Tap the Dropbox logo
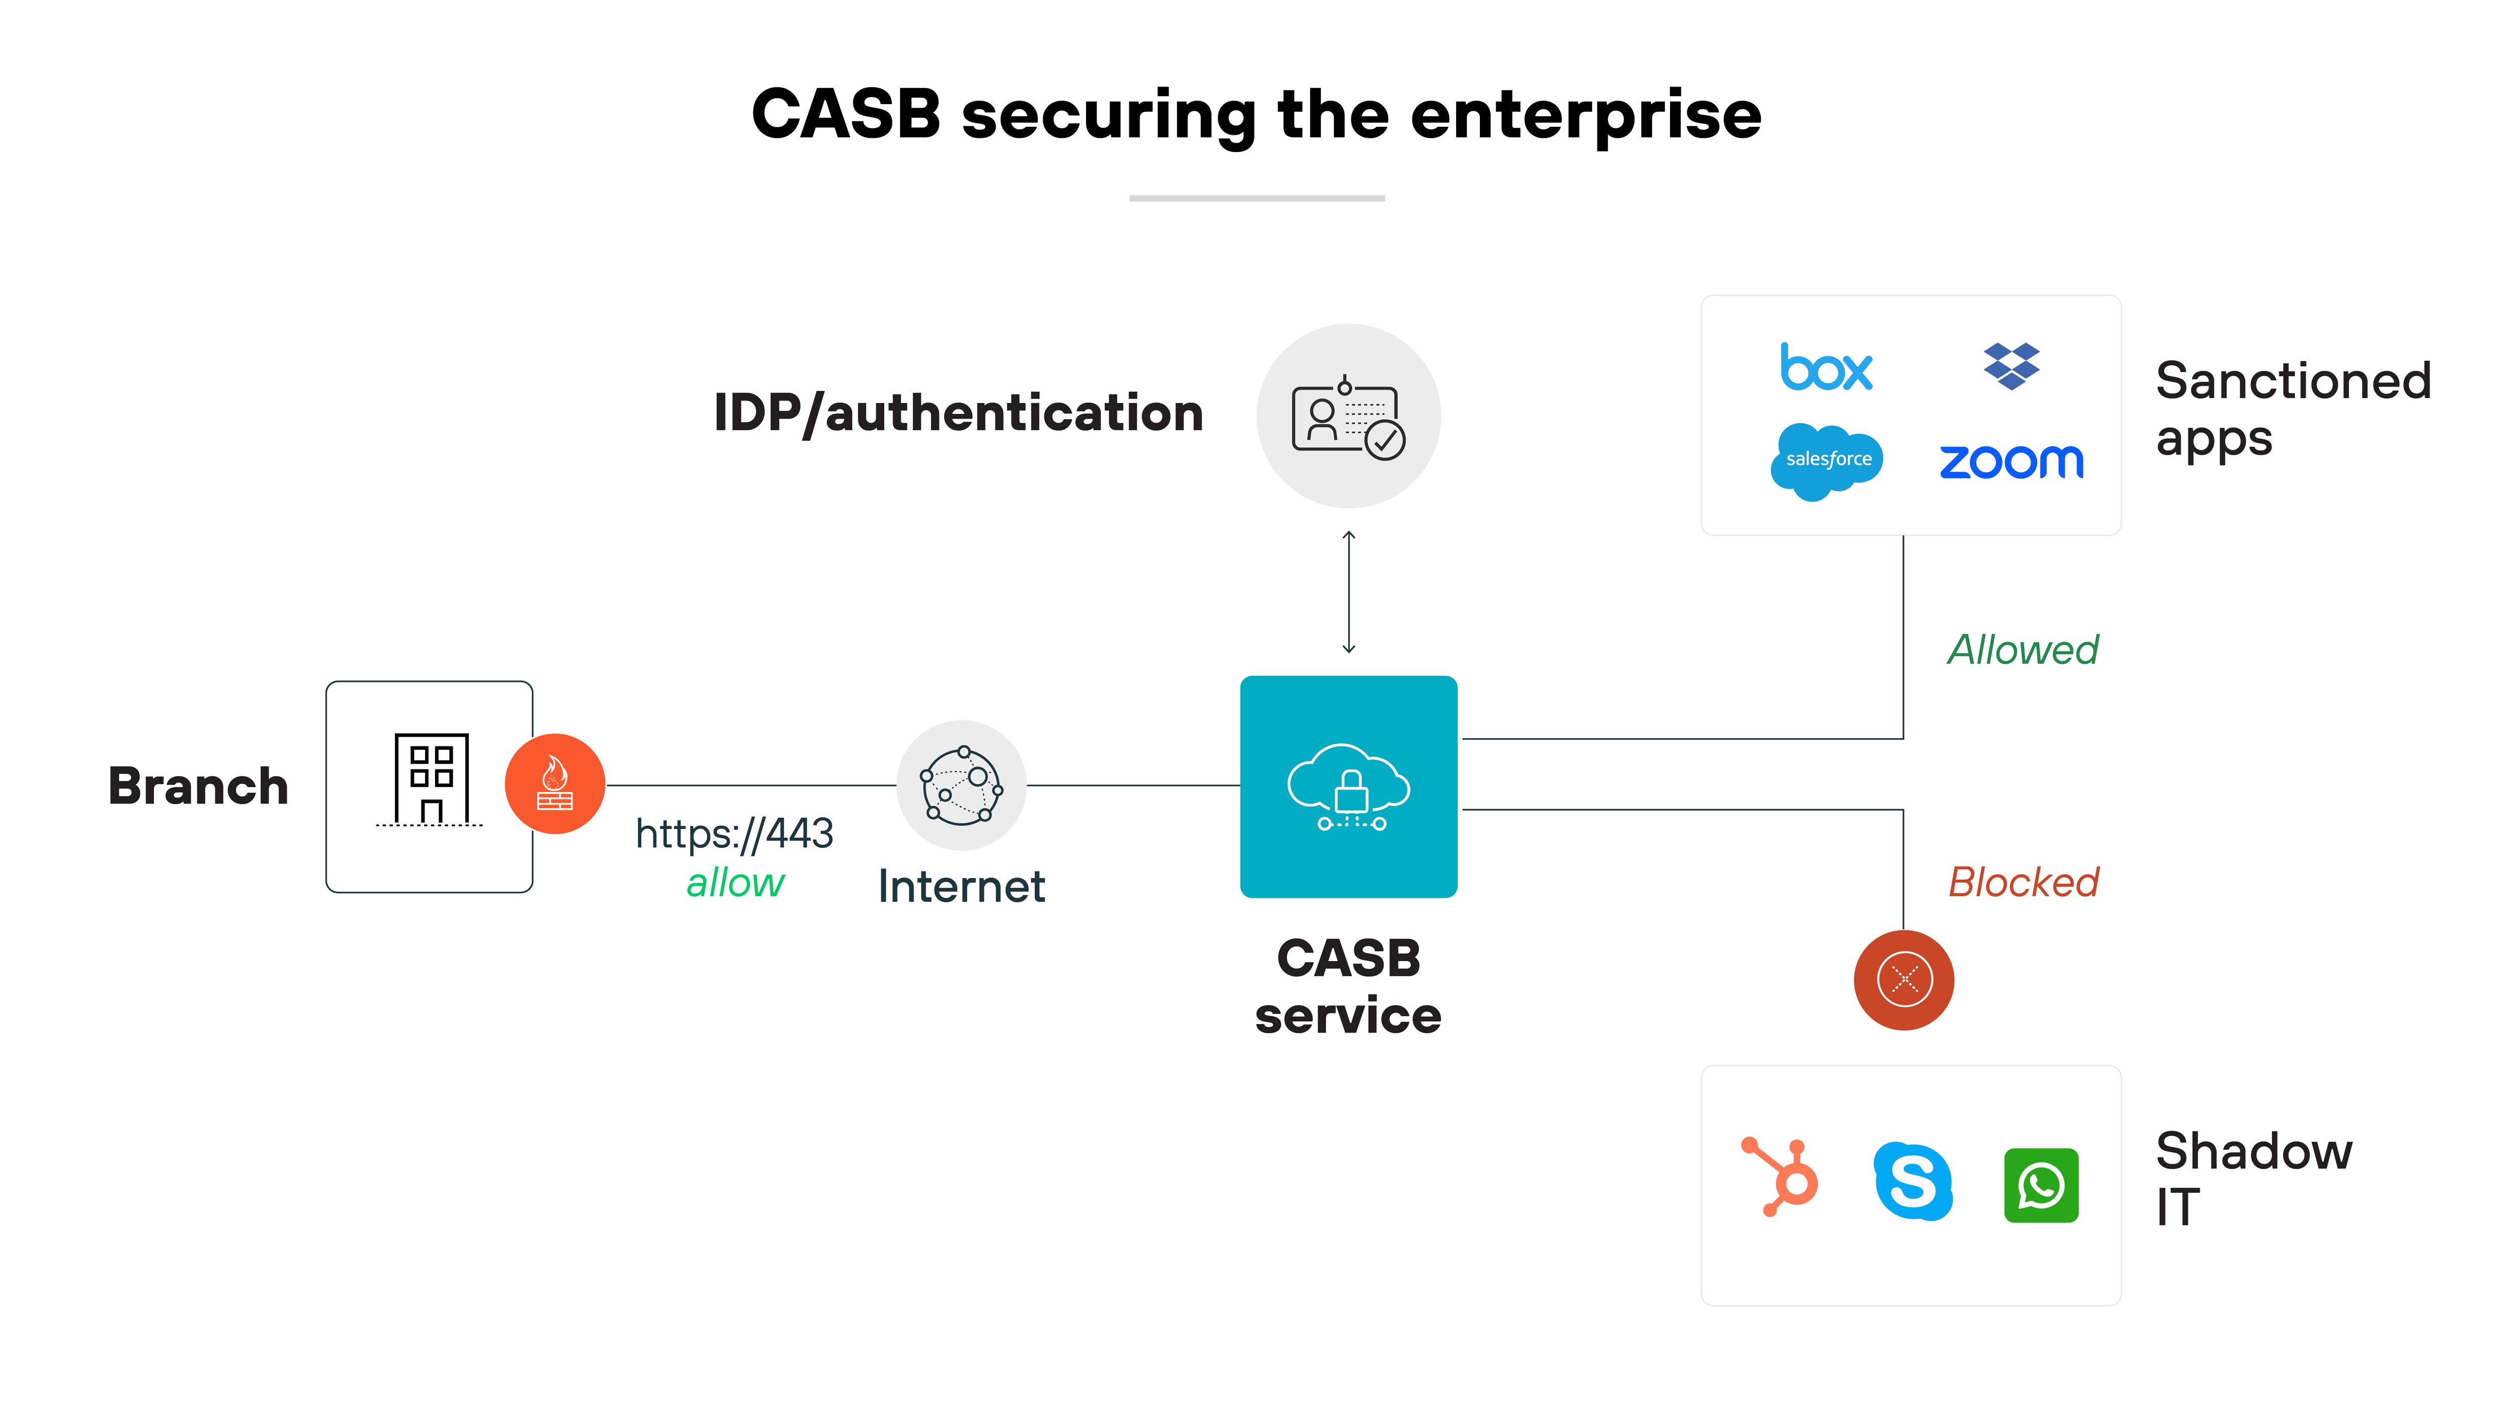click(2011, 366)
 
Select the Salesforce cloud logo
click(1827, 460)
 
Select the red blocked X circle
click(1904, 979)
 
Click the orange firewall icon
click(554, 783)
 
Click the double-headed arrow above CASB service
click(1349, 592)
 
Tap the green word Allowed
click(2023, 650)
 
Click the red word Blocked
click(2023, 882)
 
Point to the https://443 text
click(734, 834)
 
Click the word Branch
click(198, 786)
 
